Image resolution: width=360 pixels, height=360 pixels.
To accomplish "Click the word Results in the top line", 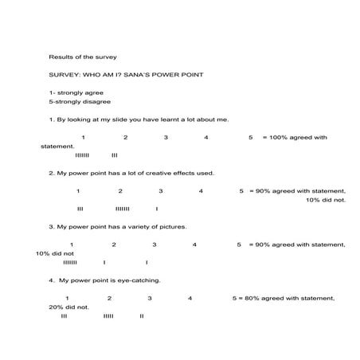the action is point(61,57).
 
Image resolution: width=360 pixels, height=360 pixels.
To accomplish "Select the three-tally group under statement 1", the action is point(115,155).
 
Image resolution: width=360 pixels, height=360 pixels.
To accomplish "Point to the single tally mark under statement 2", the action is point(156,209).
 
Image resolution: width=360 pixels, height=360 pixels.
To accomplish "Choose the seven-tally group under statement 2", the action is point(122,209).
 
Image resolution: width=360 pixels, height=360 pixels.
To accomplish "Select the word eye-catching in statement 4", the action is point(139,280).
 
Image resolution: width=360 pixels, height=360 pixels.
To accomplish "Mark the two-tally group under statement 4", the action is point(141,315).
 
